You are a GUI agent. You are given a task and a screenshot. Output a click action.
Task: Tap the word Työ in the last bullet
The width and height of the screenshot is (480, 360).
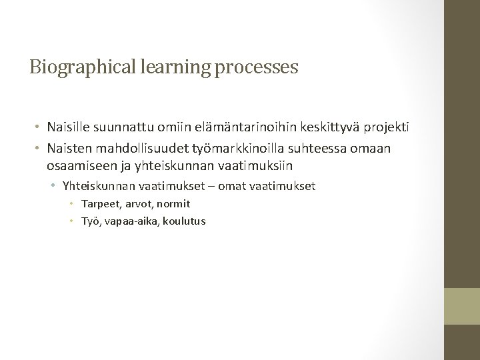click(x=91, y=221)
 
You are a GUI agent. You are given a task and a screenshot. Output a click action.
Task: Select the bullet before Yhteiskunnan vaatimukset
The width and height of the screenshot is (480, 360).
click(x=53, y=186)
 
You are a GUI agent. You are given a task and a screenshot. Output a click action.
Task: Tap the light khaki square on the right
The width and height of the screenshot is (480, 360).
click(x=461, y=306)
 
